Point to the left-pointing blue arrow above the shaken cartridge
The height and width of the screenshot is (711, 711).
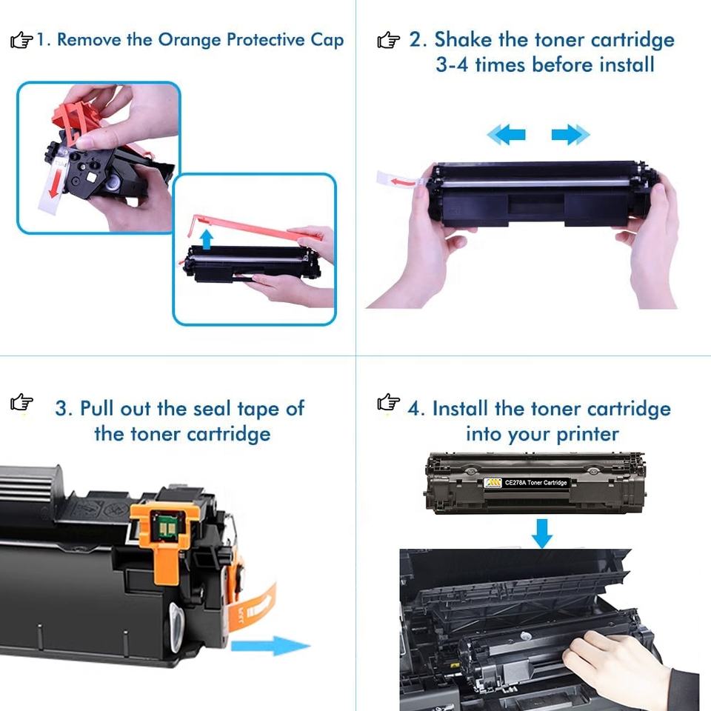pyautogui.click(x=506, y=135)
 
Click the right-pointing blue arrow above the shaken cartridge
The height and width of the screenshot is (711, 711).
pyautogui.click(x=571, y=135)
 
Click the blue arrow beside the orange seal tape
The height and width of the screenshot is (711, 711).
pyautogui.click(x=271, y=645)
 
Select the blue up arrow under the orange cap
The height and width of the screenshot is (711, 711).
pyautogui.click(x=207, y=239)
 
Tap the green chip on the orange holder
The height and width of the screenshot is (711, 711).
pyautogui.click(x=164, y=527)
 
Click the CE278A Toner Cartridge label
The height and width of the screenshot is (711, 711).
pyautogui.click(x=526, y=483)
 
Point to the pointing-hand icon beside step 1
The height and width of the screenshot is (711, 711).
pyautogui.click(x=21, y=40)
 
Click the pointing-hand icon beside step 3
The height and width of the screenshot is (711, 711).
pyautogui.click(x=21, y=401)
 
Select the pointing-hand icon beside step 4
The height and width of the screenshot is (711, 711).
pyautogui.click(x=389, y=401)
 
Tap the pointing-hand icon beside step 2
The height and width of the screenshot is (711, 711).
pyautogui.click(x=389, y=40)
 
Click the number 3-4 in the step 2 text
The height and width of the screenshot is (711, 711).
pyautogui.click(x=452, y=65)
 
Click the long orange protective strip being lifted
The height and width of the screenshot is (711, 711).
pyautogui.click(x=254, y=228)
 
